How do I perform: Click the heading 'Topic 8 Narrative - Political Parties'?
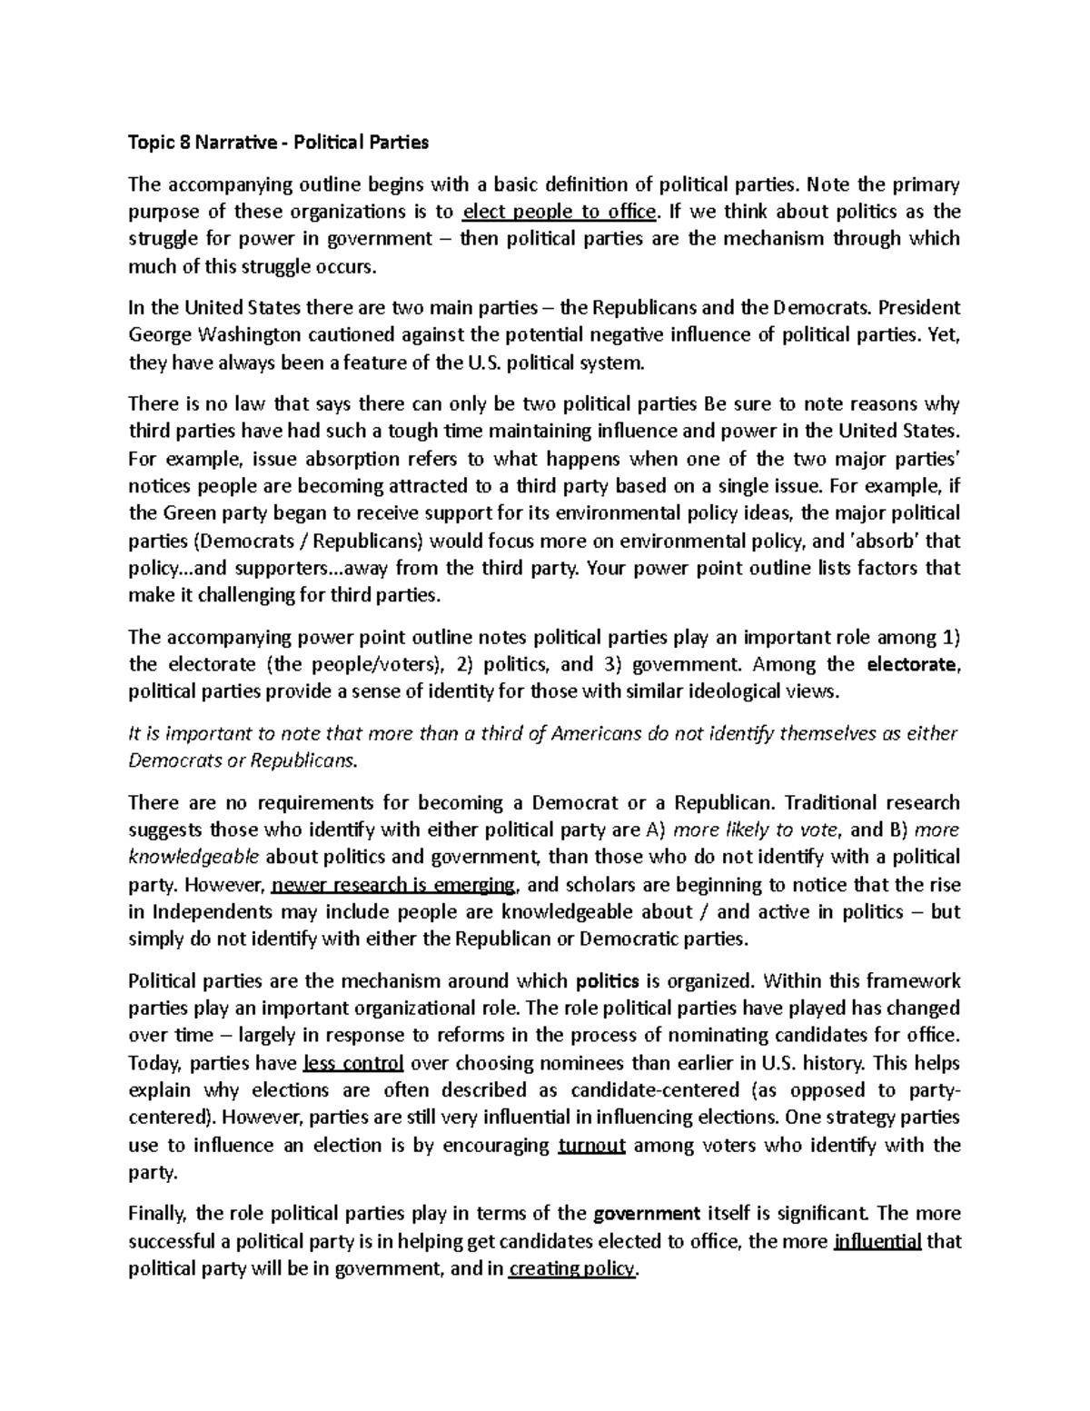tap(278, 143)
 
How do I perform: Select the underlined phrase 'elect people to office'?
tap(559, 212)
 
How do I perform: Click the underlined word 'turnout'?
tap(591, 1145)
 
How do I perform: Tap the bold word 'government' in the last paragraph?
tap(646, 1214)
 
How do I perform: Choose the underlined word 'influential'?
tap(877, 1241)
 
